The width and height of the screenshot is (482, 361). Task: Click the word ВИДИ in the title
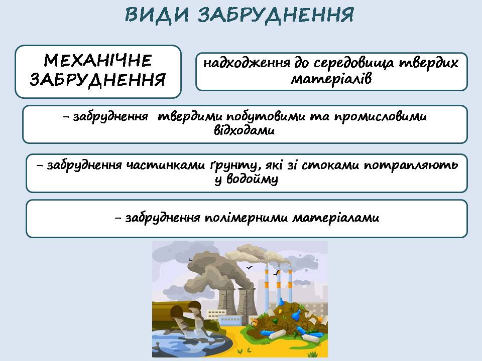click(x=157, y=15)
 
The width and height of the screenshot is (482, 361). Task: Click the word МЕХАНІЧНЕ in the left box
click(x=98, y=60)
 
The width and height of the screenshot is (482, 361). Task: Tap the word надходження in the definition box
click(x=247, y=63)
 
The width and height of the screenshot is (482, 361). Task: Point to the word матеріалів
click(x=331, y=79)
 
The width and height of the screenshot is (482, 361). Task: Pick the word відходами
click(x=245, y=130)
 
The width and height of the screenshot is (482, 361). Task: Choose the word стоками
click(x=330, y=165)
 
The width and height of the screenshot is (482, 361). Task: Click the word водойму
click(x=252, y=179)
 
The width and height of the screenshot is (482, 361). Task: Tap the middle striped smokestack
click(x=279, y=285)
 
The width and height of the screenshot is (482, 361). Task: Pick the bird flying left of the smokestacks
click(x=250, y=268)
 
